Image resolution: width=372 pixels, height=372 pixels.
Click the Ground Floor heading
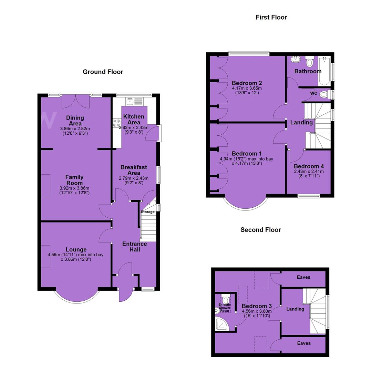click(103, 72)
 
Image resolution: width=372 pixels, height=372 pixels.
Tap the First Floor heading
click(271, 17)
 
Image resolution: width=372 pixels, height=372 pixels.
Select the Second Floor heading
click(260, 230)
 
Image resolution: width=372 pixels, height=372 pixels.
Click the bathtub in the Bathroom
click(324, 71)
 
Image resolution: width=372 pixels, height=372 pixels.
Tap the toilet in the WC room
click(325, 95)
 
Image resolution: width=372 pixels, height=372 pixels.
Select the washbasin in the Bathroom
click(296, 59)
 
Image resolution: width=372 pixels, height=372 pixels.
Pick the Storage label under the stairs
click(147, 211)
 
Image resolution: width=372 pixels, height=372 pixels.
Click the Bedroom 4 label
click(309, 166)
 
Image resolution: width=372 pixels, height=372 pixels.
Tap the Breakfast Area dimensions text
click(134, 180)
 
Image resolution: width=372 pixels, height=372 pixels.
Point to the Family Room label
click(74, 180)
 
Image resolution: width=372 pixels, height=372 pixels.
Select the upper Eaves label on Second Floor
click(303, 277)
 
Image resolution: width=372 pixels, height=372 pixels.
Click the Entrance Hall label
click(135, 247)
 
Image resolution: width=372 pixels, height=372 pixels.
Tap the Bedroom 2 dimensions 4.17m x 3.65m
click(247, 88)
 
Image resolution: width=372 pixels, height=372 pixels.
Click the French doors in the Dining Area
click(76, 101)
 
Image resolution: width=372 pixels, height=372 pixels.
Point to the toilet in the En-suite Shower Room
click(225, 299)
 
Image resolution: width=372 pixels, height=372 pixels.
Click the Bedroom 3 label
click(257, 306)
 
